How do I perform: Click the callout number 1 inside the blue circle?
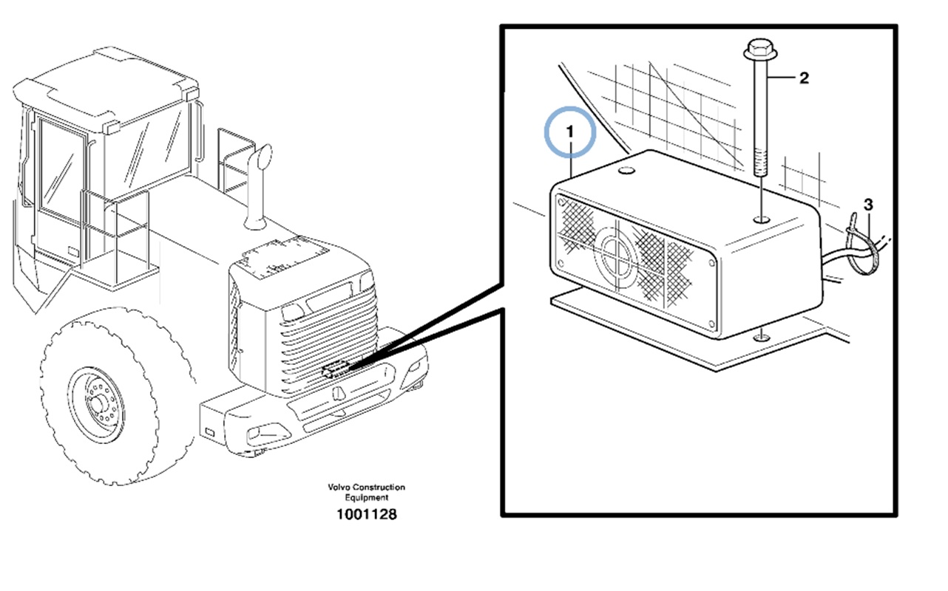tap(569, 131)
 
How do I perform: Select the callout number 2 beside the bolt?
tap(804, 78)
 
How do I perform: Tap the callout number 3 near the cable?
tap(868, 204)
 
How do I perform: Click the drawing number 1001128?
tap(366, 515)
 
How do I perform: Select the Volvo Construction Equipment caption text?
tap(367, 492)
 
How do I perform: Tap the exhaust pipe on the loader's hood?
tap(259, 185)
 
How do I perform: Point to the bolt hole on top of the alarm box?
tap(761, 219)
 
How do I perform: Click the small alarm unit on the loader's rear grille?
tap(336, 369)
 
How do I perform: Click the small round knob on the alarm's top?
tap(626, 172)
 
